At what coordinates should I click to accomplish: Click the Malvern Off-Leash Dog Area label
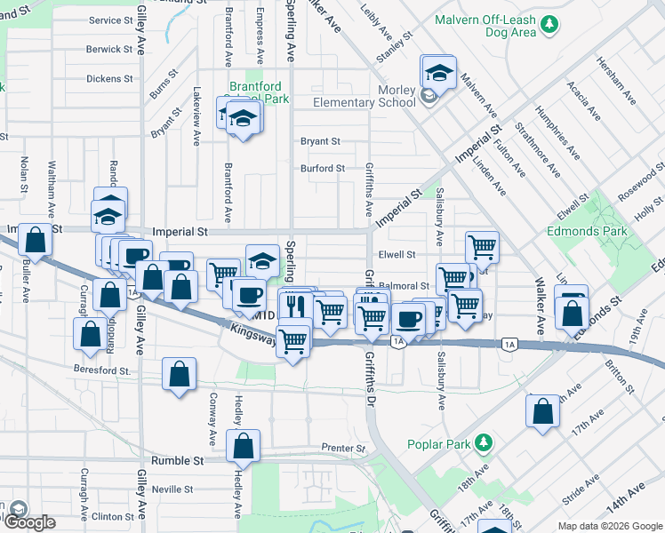[486, 26]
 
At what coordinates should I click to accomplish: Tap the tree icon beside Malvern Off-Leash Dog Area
[550, 22]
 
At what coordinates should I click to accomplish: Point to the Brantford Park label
[259, 93]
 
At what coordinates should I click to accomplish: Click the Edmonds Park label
[588, 232]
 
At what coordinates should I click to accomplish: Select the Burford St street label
[322, 168]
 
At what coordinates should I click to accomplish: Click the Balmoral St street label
[404, 286]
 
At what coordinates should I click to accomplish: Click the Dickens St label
[109, 78]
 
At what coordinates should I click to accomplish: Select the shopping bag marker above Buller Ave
[34, 239]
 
